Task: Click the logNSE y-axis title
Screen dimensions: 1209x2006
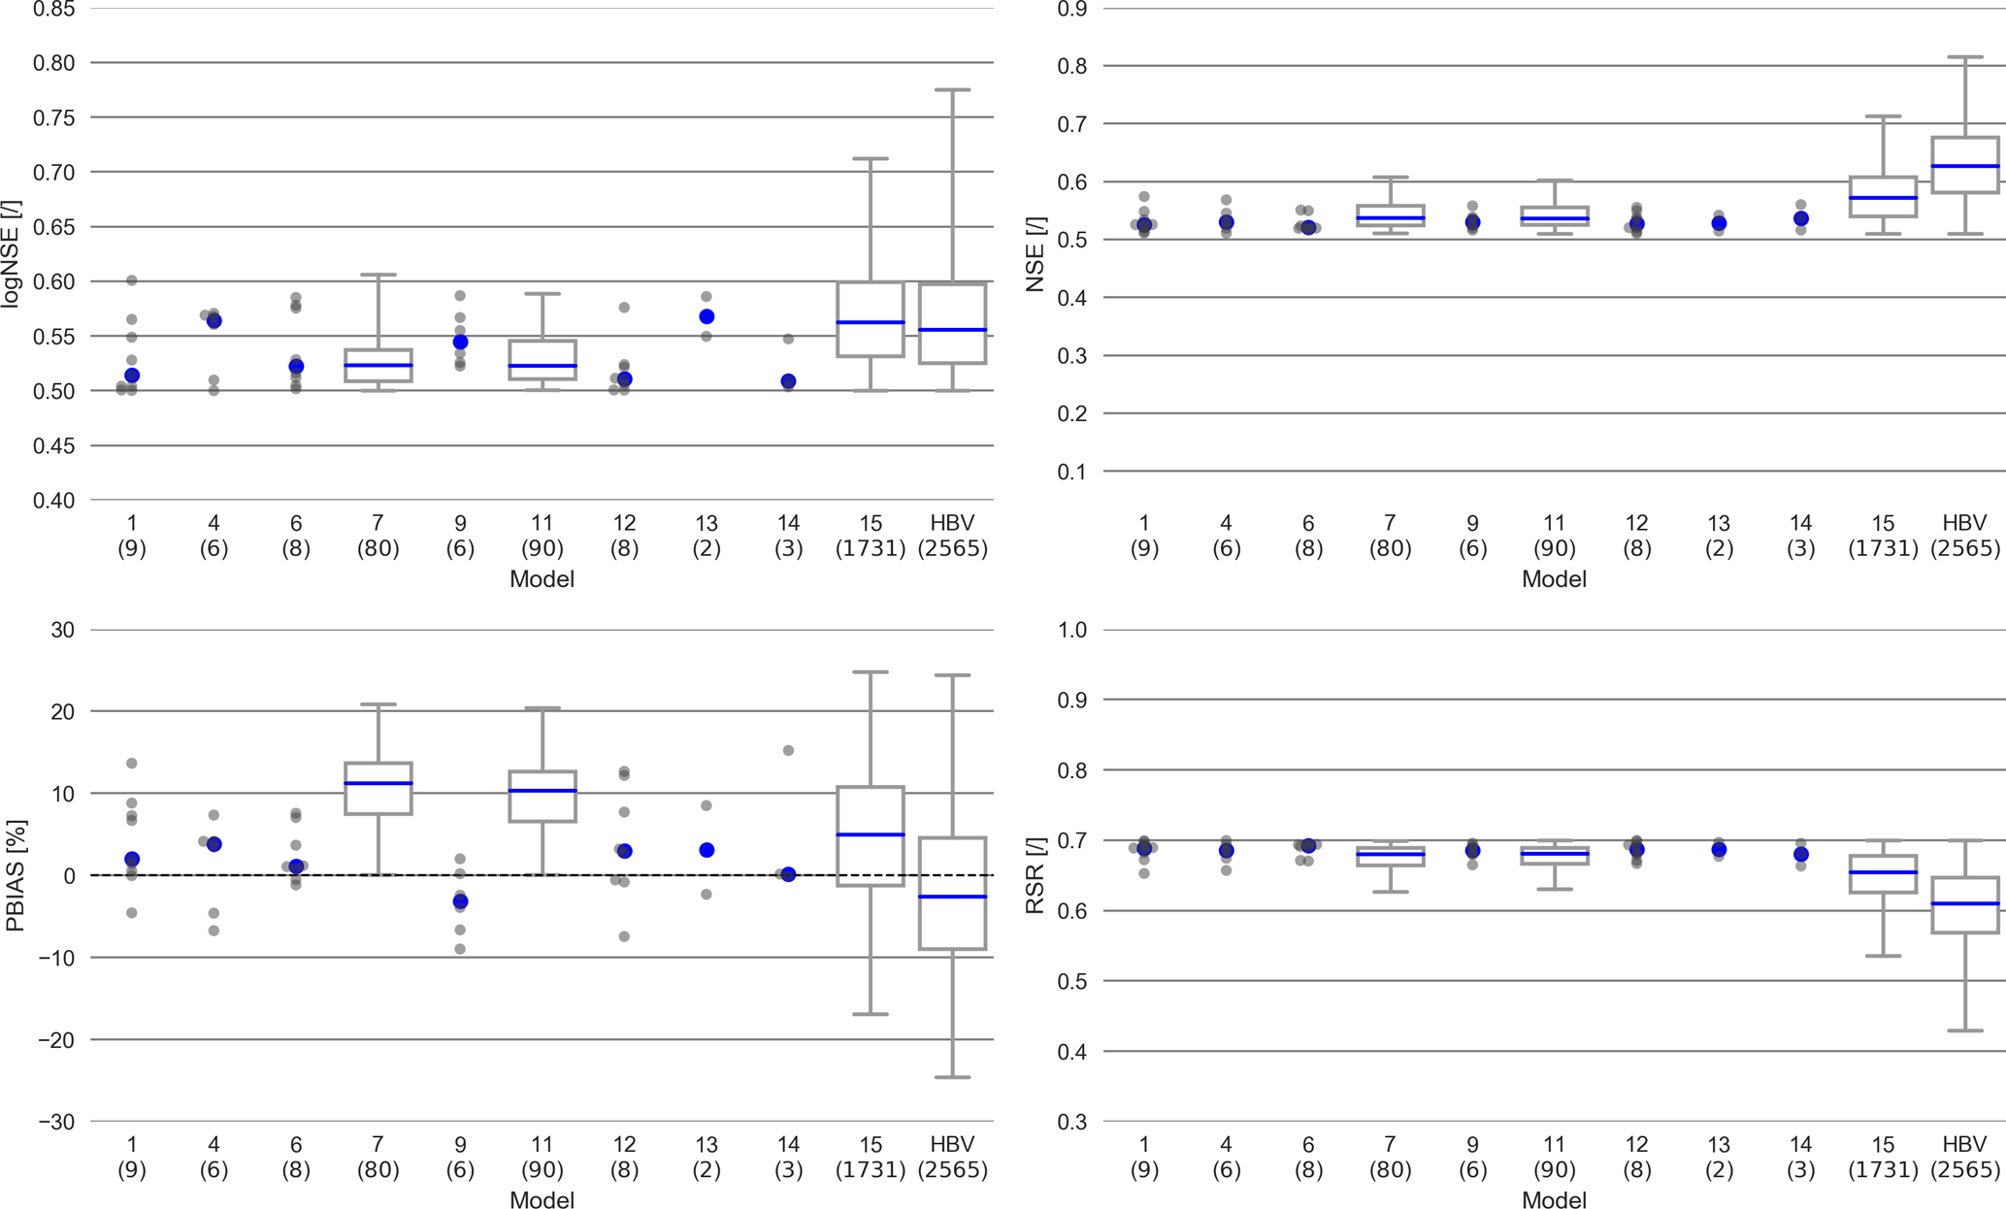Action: [x=11, y=254]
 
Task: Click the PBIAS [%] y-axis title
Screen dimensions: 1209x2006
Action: [x=15, y=876]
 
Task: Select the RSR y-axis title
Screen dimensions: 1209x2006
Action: [x=1036, y=876]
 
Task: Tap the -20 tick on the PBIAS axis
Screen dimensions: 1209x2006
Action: [x=56, y=1040]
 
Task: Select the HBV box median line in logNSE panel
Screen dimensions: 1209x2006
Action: [x=952, y=330]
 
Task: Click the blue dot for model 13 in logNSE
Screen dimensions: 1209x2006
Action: [x=707, y=317]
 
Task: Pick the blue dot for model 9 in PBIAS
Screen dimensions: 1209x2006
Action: [x=460, y=902]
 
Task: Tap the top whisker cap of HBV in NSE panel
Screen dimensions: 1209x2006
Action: [x=1965, y=57]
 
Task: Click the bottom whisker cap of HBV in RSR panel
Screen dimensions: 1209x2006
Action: [x=1965, y=1030]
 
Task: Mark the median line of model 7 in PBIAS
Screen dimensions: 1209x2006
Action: [x=378, y=783]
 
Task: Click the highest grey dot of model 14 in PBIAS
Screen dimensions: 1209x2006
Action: [x=788, y=750]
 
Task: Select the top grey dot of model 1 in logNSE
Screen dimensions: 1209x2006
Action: [x=132, y=280]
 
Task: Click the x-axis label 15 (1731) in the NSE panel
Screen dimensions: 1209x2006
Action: [x=1883, y=536]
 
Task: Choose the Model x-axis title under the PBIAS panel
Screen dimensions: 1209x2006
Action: [x=542, y=1200]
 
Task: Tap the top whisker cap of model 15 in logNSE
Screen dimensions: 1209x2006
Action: [x=871, y=158]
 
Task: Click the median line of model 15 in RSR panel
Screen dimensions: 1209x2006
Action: [x=1883, y=872]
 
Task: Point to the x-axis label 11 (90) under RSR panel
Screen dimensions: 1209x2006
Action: [x=1554, y=1158]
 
